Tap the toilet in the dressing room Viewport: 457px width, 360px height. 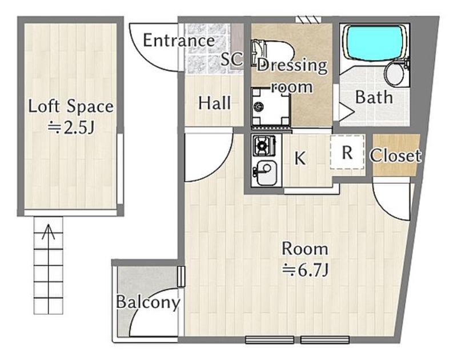click(x=272, y=53)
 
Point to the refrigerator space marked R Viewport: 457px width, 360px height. click(x=347, y=152)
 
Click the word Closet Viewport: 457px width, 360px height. click(x=395, y=155)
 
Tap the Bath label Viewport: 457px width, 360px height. click(x=374, y=97)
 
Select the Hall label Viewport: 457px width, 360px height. click(x=215, y=103)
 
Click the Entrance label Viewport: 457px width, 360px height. click(x=179, y=40)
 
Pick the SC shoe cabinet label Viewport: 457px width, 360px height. click(x=231, y=59)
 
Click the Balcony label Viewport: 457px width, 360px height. click(x=148, y=303)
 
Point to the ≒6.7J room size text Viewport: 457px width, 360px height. click(x=306, y=270)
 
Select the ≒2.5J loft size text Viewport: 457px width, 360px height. click(x=71, y=127)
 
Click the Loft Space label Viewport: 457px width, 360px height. click(x=71, y=106)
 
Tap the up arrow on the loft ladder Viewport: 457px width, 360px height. click(x=48, y=232)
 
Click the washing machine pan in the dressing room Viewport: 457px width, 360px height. click(x=271, y=107)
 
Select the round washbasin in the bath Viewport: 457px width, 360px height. click(x=395, y=74)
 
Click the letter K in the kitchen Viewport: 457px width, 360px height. click(x=300, y=158)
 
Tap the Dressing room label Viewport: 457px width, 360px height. click(x=292, y=76)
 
